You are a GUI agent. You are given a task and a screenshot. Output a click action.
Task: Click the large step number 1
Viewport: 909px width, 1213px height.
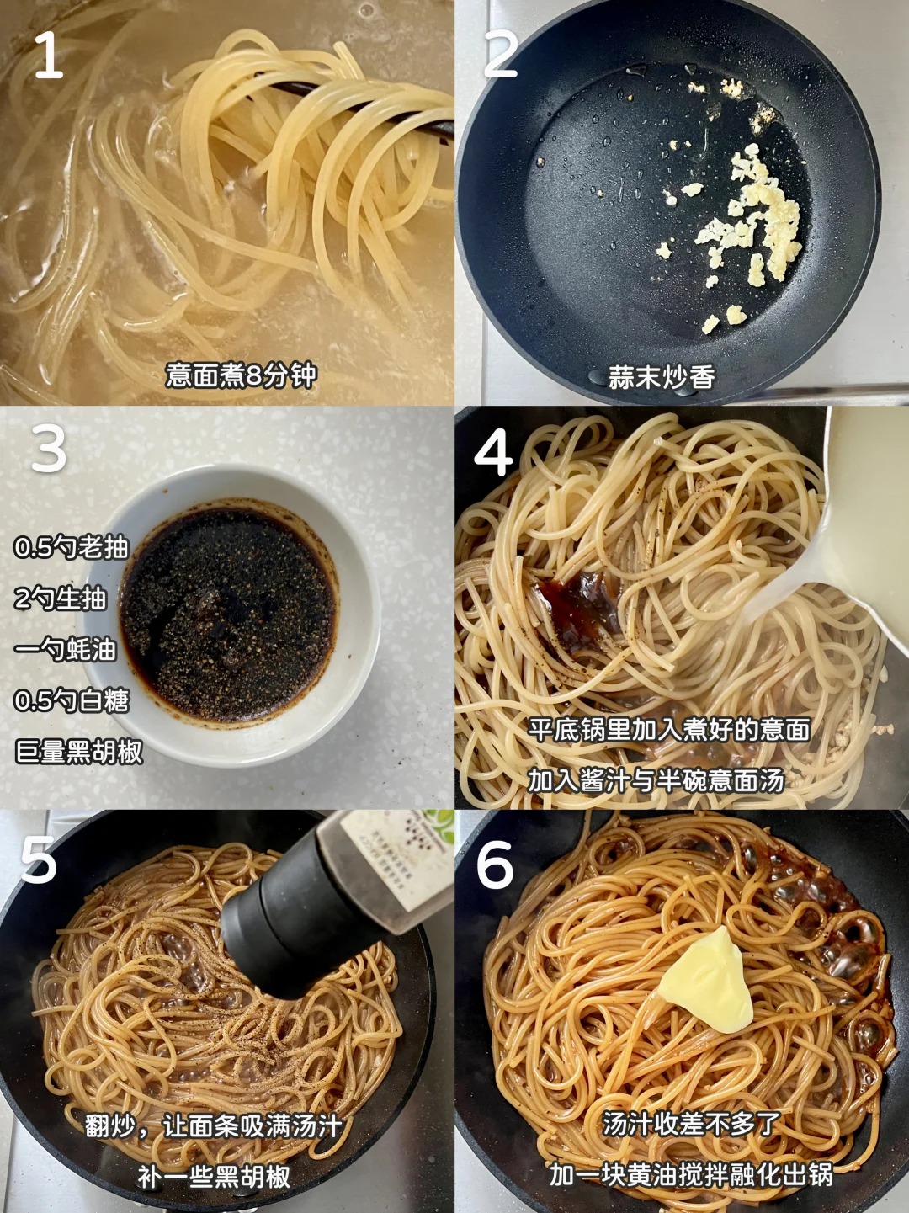tap(49, 55)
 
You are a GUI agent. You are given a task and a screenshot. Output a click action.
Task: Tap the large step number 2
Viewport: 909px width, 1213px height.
tap(501, 55)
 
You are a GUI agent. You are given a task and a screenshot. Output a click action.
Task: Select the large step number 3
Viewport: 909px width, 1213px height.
tap(49, 448)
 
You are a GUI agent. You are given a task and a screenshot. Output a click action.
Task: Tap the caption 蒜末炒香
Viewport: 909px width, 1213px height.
tap(662, 378)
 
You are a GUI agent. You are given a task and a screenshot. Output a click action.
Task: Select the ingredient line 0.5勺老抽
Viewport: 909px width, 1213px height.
tap(72, 548)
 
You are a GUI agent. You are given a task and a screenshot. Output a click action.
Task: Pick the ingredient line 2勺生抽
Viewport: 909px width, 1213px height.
tap(61, 599)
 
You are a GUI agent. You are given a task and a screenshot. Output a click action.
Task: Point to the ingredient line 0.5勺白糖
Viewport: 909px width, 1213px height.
tap(72, 700)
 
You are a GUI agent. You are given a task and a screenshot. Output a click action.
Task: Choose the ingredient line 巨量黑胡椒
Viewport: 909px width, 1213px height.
tap(79, 752)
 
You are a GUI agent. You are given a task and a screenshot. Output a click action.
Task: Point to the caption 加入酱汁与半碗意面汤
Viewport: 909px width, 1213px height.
tap(656, 780)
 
